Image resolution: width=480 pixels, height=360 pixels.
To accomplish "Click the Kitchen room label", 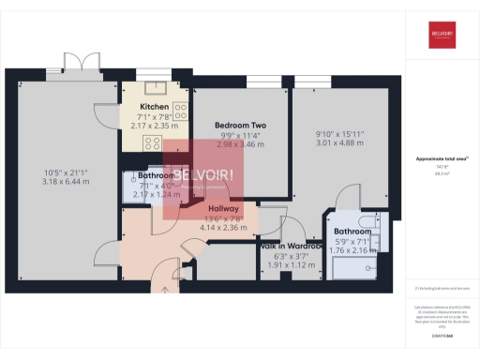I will tap(154, 107).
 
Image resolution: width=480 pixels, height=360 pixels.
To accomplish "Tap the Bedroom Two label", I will tap(241, 125).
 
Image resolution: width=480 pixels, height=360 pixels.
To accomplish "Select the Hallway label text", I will tap(223, 208).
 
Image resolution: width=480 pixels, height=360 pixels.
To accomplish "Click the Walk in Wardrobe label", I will tap(291, 246).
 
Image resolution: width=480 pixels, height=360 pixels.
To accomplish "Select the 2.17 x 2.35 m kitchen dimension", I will tap(154, 125).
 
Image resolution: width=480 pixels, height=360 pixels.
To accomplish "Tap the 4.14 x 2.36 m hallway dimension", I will tap(223, 227).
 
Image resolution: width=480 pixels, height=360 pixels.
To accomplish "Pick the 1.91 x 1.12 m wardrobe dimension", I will tap(291, 264).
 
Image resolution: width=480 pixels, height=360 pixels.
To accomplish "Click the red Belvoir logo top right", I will tap(442, 34).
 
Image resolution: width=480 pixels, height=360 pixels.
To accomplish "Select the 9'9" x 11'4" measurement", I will tap(241, 135).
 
